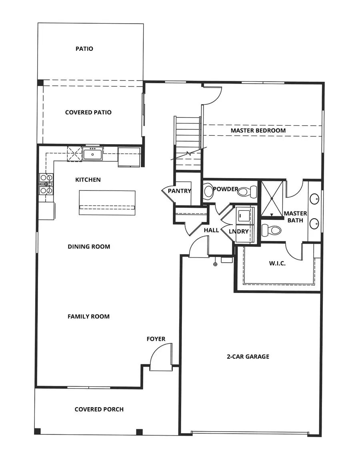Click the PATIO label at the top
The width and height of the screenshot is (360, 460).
(84, 49)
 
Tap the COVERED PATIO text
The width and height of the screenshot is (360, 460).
(88, 112)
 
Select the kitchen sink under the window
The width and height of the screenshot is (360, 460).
(93, 154)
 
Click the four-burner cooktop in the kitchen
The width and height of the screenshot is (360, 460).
(46, 184)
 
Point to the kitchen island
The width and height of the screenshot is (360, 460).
(107, 203)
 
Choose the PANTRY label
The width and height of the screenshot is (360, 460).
(179, 191)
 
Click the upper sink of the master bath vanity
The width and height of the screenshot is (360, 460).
(315, 198)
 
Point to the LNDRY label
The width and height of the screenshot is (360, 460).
(239, 231)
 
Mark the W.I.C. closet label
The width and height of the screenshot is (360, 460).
(277, 263)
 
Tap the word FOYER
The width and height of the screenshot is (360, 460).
(156, 339)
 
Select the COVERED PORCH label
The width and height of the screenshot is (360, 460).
(99, 409)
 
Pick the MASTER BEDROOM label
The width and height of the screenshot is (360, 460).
(258, 131)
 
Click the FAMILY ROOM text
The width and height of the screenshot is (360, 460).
(88, 317)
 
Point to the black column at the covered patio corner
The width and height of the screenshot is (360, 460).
(40, 82)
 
